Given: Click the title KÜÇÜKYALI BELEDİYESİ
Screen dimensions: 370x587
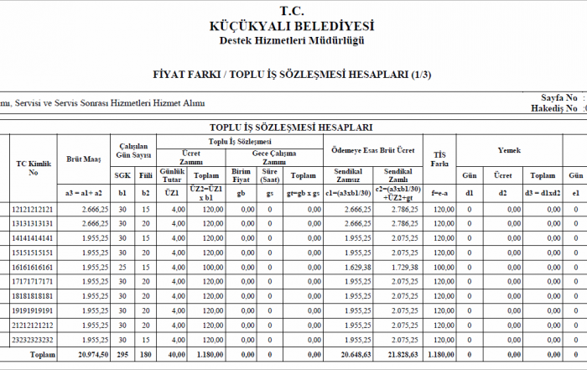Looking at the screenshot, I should (293, 27).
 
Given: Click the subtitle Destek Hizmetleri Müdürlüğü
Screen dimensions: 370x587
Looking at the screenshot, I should (293, 41).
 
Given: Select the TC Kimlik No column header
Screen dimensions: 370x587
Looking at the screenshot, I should (34, 167).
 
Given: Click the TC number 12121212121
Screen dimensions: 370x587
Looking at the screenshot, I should (34, 208).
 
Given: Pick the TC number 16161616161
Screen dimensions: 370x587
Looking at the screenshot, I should (34, 267).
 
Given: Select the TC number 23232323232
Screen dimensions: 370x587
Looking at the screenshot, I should (34, 340).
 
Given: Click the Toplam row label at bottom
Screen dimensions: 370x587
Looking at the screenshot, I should (42, 355).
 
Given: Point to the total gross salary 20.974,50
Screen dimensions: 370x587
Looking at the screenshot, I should (89, 355).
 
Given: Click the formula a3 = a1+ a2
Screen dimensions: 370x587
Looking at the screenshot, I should (84, 192).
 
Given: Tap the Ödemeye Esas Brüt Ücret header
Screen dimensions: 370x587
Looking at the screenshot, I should (372, 150).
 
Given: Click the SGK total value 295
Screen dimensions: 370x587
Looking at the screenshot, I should (122, 355).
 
